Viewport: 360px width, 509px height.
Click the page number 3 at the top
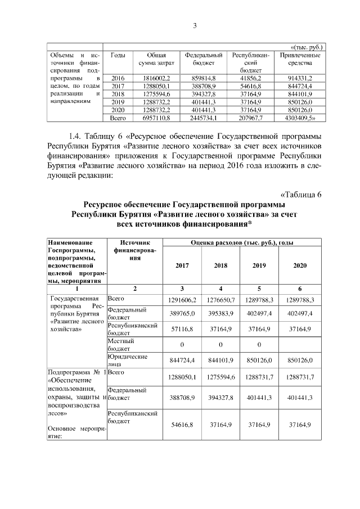tap(194, 25)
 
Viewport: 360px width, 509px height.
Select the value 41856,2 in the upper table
tap(251, 78)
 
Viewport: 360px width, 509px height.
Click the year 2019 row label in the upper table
tap(118, 102)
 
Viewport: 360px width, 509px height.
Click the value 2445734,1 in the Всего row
tap(204, 119)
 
